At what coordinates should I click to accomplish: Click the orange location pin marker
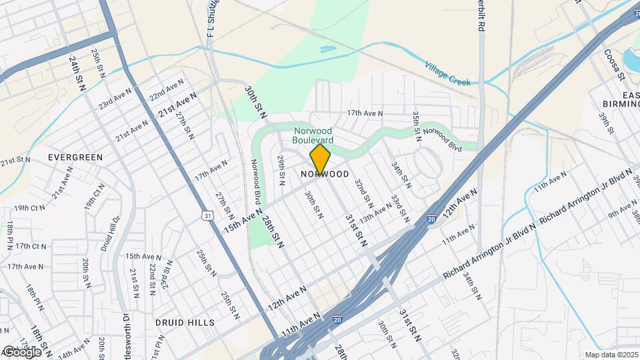pos(320,159)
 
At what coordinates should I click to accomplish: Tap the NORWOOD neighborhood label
pos(325,174)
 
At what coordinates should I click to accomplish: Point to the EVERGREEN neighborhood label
pos(75,157)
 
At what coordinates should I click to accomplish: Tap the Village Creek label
pos(448,73)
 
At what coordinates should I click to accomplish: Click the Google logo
pos(21,352)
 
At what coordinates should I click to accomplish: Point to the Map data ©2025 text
pos(611,355)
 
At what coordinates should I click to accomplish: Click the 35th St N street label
pos(416,125)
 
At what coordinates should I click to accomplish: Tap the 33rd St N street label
pos(399,209)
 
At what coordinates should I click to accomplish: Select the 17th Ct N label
pos(31,246)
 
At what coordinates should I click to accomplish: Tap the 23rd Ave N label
pos(115,98)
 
